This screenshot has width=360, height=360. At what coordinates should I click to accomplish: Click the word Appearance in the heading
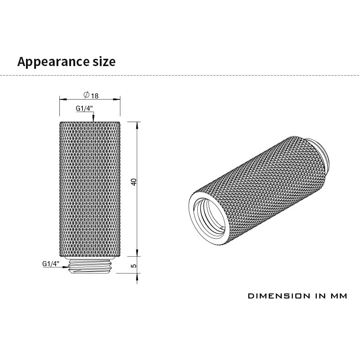pyautogui.click(x=53, y=62)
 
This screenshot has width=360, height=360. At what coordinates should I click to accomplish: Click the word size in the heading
pyautogui.click(x=104, y=62)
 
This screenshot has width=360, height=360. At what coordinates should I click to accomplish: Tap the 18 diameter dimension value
pyautogui.click(x=95, y=96)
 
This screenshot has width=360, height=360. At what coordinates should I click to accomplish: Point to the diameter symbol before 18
pyautogui.click(x=86, y=95)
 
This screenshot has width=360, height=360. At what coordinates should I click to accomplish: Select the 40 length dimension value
pyautogui.click(x=134, y=182)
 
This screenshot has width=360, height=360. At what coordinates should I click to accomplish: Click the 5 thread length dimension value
pyautogui.click(x=134, y=266)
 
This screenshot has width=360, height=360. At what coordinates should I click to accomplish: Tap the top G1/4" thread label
pyautogui.click(x=84, y=108)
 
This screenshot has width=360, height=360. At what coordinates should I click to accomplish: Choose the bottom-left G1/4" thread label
pyautogui.click(x=51, y=263)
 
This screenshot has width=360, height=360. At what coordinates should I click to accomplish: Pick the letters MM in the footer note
pyautogui.click(x=339, y=296)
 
